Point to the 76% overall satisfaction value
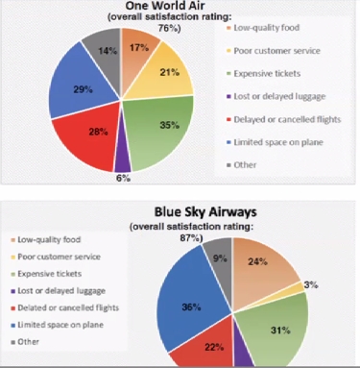pyautogui.click(x=169, y=29)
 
